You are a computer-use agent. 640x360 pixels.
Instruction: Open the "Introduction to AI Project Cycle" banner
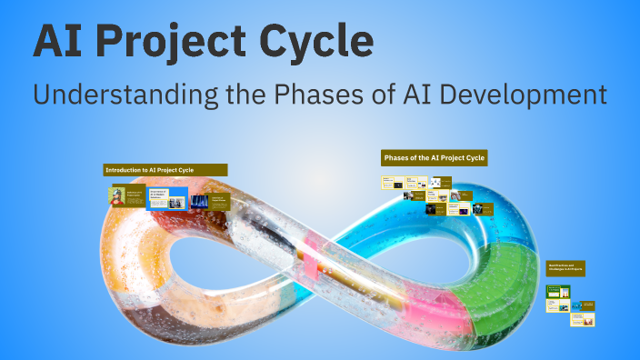pos(165,170)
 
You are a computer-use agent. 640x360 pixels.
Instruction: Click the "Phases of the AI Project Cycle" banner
pos(435,158)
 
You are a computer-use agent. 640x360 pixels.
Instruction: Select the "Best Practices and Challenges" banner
pos(565,268)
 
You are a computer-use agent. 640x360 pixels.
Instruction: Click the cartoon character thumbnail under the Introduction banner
pos(117,196)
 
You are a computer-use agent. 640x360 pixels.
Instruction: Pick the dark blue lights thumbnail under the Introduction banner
pos(199,201)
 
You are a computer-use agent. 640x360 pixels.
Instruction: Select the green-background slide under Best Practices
pos(558,293)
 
